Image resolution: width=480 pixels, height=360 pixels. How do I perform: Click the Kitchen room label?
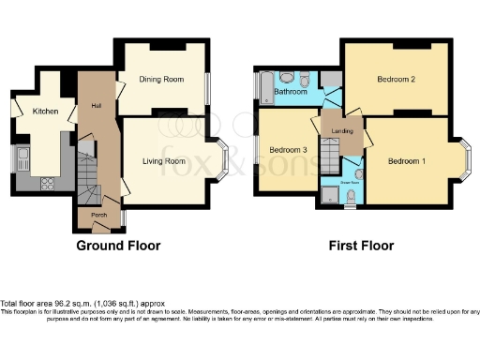click(x=46, y=112)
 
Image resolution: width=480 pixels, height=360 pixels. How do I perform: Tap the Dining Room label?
click(x=164, y=81)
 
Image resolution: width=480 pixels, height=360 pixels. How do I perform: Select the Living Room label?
click(x=163, y=161)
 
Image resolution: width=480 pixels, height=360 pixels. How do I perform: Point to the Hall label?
click(x=96, y=105)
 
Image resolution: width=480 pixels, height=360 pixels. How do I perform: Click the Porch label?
click(x=98, y=215)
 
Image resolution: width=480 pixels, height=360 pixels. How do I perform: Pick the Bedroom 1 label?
click(x=407, y=161)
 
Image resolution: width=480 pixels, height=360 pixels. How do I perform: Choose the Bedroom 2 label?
click(x=397, y=80)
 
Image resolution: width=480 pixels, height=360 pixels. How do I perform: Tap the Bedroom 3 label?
click(x=288, y=150)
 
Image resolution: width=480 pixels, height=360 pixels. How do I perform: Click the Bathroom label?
click(x=291, y=92)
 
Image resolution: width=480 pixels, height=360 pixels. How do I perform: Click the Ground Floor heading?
click(x=119, y=247)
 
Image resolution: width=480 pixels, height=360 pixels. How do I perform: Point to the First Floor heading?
click(x=360, y=247)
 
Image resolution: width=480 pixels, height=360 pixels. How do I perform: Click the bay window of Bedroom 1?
click(x=465, y=160)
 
